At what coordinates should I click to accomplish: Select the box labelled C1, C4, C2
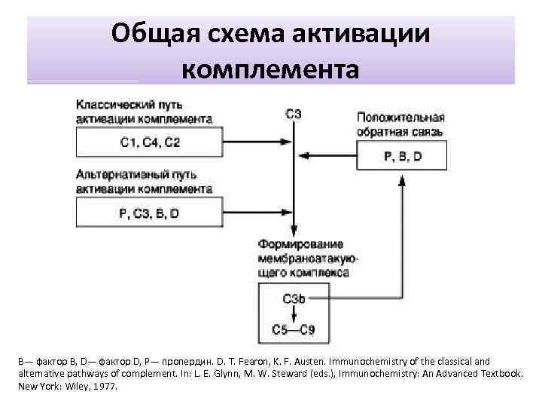tap(150, 142)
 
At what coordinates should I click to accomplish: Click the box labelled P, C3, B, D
tap(149, 213)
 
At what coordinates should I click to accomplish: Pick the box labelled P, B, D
tap(402, 157)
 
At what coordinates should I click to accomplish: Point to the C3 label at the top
tap(294, 115)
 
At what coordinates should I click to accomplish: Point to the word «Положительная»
tap(401, 118)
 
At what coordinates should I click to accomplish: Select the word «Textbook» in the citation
tap(498, 373)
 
